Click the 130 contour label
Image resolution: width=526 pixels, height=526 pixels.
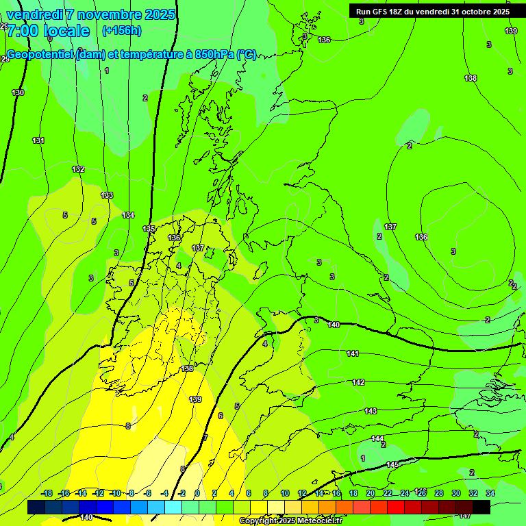point(18,92)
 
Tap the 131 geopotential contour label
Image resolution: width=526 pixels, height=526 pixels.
point(38,140)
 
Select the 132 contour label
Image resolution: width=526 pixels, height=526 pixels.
point(79,169)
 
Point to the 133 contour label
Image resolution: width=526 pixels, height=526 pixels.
point(107,195)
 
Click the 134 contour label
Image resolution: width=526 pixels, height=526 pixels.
point(128,215)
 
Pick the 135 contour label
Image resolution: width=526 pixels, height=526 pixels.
point(149,229)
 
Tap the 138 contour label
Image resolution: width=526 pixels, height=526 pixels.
point(471,79)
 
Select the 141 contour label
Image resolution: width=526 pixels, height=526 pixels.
point(353,353)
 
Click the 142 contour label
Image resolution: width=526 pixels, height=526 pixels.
point(358,382)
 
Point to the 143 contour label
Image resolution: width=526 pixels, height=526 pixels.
point(371,411)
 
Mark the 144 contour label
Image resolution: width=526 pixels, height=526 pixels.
point(377,438)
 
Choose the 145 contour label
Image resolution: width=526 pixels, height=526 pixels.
point(392,464)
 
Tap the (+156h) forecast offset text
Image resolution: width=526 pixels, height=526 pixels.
point(121,31)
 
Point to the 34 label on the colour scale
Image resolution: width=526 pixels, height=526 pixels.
point(490,493)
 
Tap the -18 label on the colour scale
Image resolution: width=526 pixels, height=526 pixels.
point(47,493)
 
